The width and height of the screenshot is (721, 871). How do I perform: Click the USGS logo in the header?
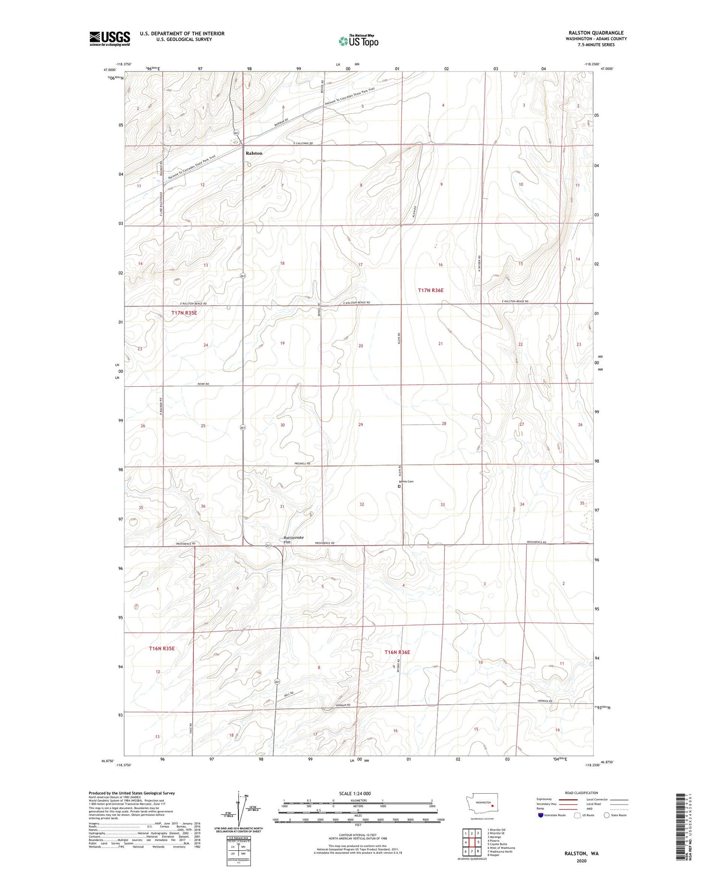click(110, 38)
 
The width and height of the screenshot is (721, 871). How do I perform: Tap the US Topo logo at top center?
click(359, 41)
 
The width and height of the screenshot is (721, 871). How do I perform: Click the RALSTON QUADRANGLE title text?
click(596, 33)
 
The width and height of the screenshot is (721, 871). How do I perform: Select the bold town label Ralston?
click(254, 153)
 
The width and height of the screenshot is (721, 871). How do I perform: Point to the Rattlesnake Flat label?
click(293, 540)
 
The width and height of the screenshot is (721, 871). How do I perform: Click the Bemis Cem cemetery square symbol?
click(399, 486)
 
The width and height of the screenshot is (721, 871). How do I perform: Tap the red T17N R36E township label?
click(431, 290)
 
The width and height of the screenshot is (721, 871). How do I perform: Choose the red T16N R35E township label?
click(162, 649)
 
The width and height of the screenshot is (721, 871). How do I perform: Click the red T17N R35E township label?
click(184, 313)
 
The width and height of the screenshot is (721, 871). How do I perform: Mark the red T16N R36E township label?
click(397, 652)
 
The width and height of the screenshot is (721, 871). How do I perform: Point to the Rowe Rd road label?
click(203, 384)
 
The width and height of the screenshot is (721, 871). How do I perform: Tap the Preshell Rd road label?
click(302, 464)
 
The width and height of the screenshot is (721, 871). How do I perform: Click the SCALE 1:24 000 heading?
click(355, 794)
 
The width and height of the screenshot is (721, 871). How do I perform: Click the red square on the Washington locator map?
click(493, 806)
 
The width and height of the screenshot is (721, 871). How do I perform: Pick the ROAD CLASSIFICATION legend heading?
click(582, 793)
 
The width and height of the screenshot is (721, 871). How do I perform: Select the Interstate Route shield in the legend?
click(541, 815)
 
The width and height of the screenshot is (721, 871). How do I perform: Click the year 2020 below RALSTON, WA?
click(581, 861)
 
